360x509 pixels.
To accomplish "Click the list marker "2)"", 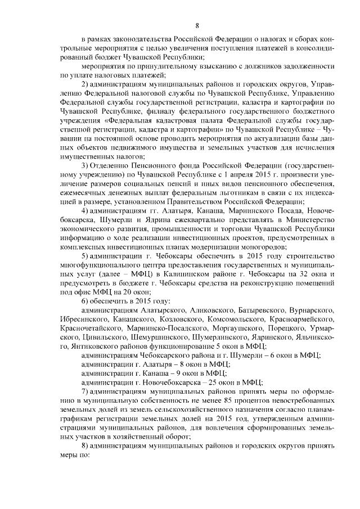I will [85, 84].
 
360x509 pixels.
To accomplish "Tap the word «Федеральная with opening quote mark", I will [129, 120].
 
